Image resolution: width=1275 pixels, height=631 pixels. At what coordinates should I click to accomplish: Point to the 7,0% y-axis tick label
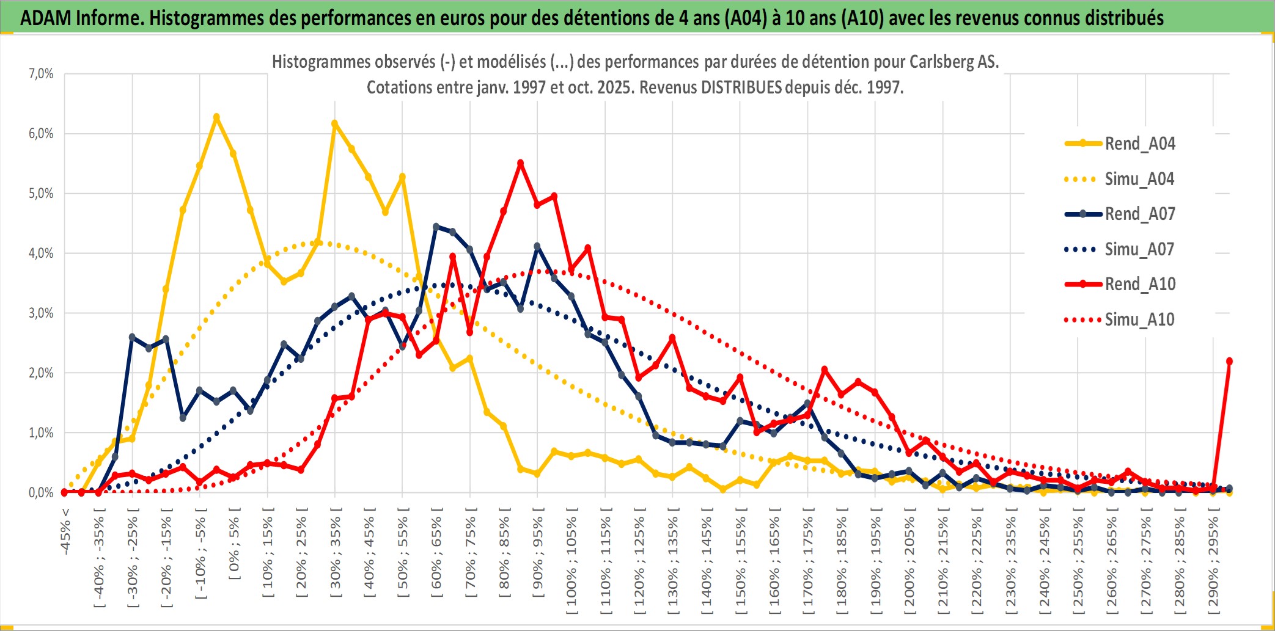coord(41,74)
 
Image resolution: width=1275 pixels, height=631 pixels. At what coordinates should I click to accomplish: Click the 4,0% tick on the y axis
coord(41,253)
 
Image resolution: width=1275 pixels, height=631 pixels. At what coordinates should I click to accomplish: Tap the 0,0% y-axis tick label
coord(41,492)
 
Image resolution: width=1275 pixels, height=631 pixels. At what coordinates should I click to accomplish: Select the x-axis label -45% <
coord(65,532)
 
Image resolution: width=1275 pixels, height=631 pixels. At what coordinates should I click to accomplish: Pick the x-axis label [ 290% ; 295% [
coord(1213,562)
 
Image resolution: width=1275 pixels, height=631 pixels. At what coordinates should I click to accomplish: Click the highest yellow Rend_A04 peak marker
coord(216,117)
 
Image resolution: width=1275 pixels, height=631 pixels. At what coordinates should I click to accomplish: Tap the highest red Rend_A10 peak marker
coord(521,163)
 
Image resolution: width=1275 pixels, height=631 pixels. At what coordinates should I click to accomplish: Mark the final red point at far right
coord(1229,361)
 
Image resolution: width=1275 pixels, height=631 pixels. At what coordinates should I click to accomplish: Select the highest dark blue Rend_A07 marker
coord(436,227)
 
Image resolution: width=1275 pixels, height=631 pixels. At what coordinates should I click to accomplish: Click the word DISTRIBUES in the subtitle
coord(741,87)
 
